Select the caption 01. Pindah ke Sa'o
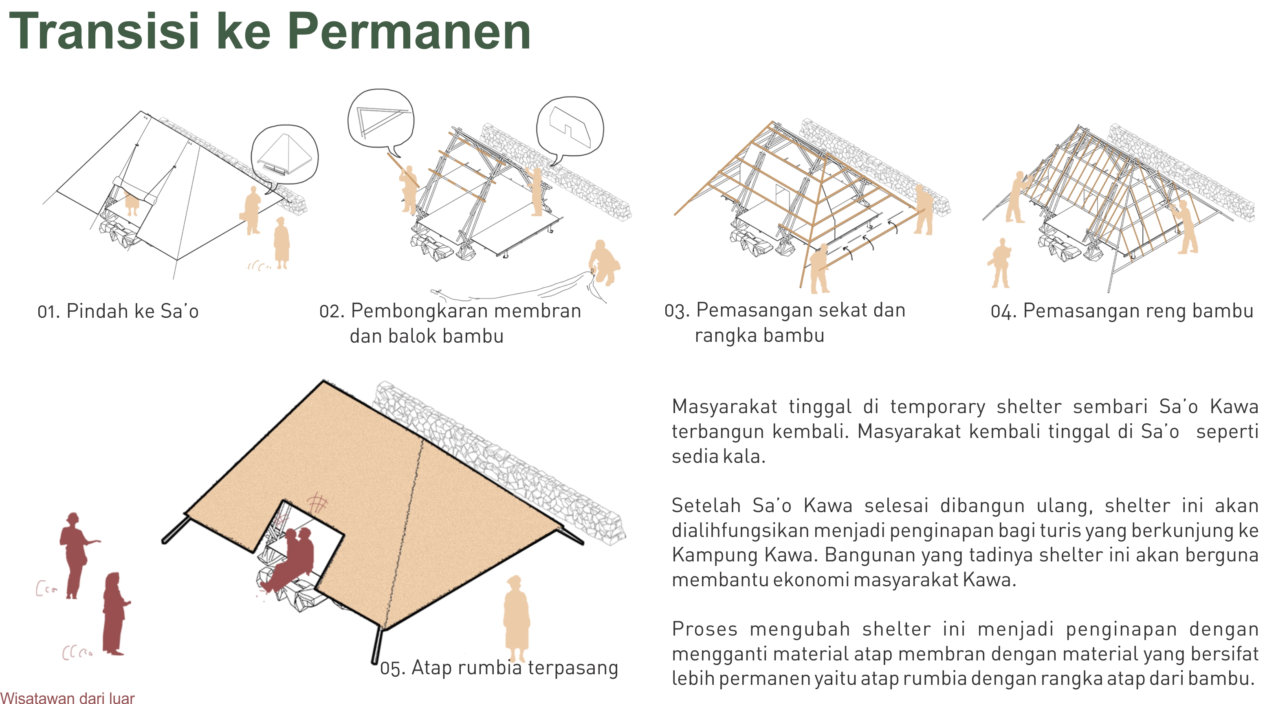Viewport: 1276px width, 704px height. click(x=118, y=312)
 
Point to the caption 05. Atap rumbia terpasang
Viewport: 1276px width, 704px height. click(x=499, y=668)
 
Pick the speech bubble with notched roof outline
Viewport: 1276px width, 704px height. click(x=570, y=127)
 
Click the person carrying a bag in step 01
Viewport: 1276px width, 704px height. click(x=252, y=210)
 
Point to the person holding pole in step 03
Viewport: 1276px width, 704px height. click(x=818, y=268)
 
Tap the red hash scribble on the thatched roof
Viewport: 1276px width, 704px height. click(x=317, y=504)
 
